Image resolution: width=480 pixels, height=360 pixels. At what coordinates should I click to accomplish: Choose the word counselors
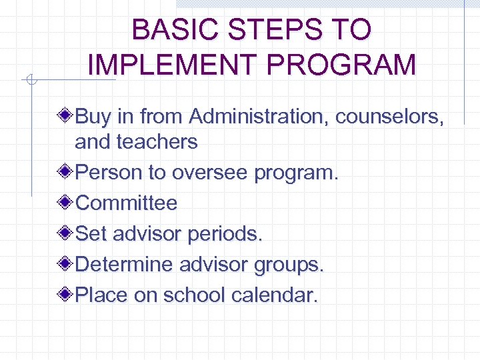pyautogui.click(x=389, y=117)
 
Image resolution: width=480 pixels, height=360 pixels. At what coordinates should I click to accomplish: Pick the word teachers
pyautogui.click(x=157, y=141)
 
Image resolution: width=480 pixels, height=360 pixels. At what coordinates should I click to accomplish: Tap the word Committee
pyautogui.click(x=127, y=203)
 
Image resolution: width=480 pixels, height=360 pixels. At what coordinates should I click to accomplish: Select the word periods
pyautogui.click(x=226, y=234)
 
